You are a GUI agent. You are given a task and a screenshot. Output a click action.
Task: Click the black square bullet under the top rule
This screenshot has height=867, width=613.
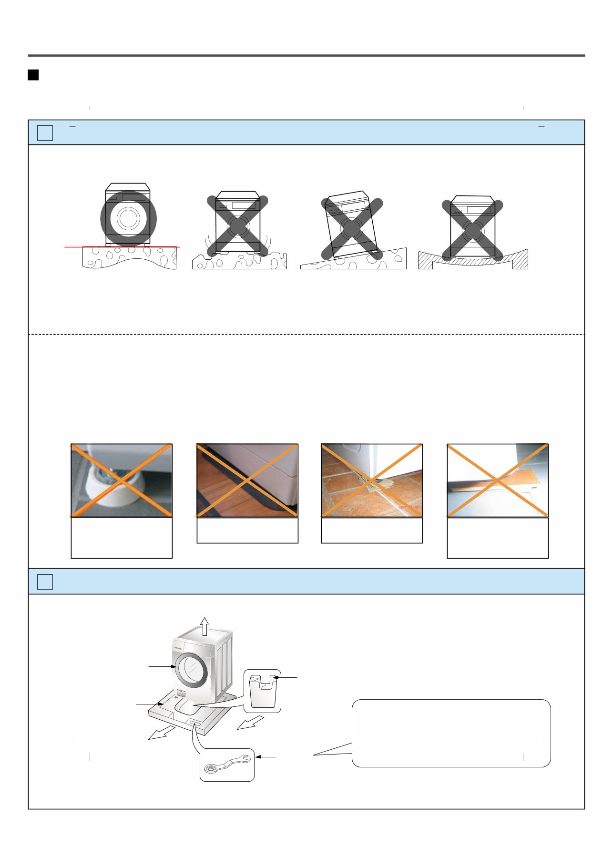(x=33, y=75)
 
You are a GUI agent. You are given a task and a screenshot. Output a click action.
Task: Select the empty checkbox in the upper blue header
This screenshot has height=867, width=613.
(x=45, y=133)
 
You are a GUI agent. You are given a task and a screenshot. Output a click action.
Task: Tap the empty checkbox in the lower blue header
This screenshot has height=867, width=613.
(x=45, y=581)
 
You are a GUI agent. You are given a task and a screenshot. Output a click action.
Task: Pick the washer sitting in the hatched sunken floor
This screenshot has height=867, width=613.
(x=472, y=228)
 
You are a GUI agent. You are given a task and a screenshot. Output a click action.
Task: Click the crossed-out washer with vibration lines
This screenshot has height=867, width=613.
(x=237, y=224)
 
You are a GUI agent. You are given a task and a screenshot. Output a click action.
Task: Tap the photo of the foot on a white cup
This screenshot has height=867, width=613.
(x=122, y=480)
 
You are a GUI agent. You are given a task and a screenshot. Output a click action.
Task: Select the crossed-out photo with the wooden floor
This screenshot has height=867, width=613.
(x=247, y=480)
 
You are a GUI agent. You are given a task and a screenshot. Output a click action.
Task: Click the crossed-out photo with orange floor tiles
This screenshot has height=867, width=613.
(x=372, y=480)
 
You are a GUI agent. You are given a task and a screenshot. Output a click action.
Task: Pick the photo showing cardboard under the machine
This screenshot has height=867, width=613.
(x=498, y=480)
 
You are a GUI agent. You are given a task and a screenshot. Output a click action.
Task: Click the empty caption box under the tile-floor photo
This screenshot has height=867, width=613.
(x=372, y=530)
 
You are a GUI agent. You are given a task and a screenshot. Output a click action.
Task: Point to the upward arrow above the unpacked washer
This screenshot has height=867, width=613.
(x=204, y=626)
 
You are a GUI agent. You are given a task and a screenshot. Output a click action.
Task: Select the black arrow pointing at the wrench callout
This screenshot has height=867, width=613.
(x=266, y=756)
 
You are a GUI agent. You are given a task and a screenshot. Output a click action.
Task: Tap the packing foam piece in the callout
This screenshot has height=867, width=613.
(x=263, y=691)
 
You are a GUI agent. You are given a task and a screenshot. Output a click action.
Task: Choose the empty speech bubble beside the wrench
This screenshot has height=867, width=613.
(x=451, y=733)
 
